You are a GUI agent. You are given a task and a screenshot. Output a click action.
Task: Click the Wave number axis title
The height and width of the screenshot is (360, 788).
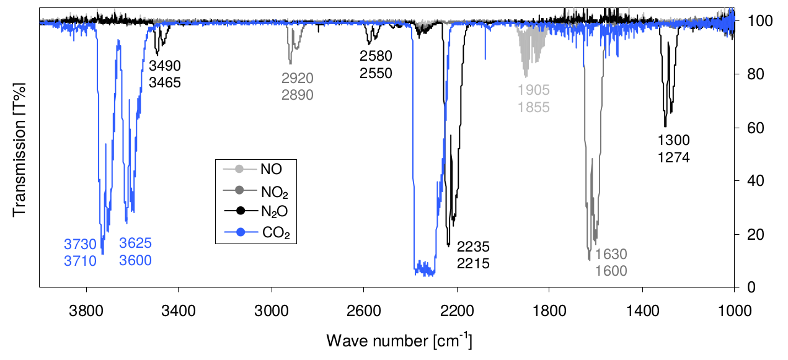point(402,340)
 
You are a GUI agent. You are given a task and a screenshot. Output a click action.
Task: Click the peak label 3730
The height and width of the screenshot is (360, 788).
point(81,244)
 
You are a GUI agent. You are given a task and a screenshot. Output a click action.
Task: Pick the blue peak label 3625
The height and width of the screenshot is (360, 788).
point(136,243)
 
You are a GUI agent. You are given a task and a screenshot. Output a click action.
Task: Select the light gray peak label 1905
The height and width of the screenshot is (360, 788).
point(534,90)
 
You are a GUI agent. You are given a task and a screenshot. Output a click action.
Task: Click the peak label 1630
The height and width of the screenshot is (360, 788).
point(611,254)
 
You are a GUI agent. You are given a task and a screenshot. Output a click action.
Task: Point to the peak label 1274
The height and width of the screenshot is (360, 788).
point(674,157)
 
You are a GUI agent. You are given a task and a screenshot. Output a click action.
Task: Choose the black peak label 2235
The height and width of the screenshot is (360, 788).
point(474,247)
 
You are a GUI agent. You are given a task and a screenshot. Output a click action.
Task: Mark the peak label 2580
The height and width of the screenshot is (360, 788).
point(376,56)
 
